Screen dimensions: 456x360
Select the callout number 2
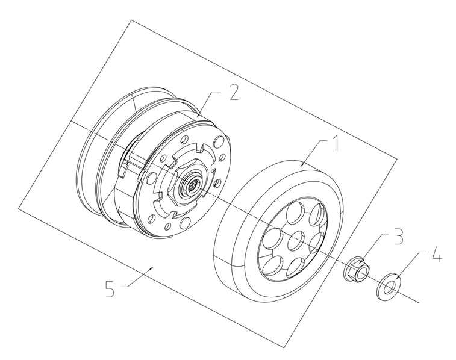click(234, 92)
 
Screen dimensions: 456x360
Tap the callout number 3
click(398, 236)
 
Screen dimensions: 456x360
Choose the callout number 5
click(110, 289)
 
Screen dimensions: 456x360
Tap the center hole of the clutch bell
click(296, 240)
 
